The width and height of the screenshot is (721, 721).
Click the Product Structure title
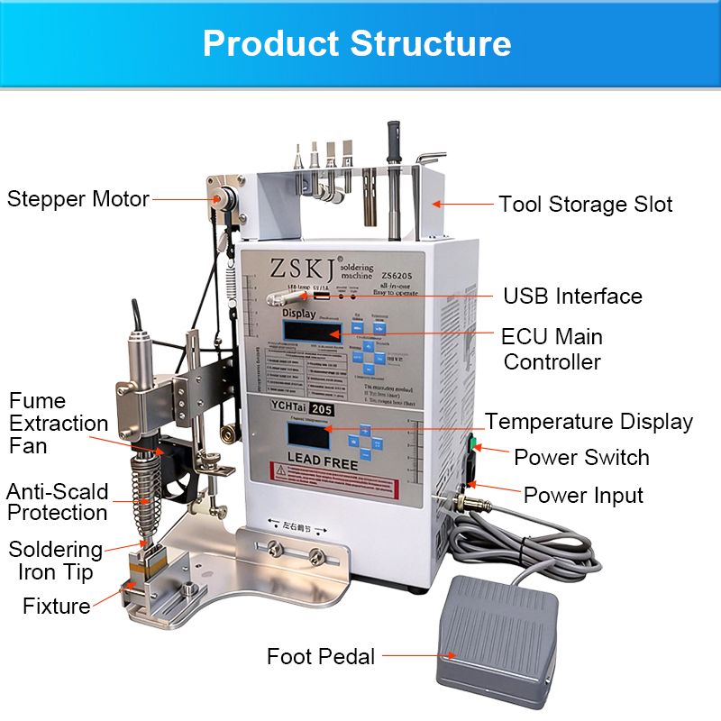357,43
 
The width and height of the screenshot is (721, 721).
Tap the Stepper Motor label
78,198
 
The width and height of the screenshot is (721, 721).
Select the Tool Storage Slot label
586,205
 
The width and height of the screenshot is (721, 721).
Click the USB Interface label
572,296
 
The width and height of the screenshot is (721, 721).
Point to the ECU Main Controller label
552,349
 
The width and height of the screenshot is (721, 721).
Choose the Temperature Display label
589,421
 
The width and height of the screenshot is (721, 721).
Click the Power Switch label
581,457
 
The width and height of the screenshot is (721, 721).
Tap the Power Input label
583,495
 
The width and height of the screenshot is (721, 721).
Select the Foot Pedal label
321,656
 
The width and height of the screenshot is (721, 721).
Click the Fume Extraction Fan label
59,423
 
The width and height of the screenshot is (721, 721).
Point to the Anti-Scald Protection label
58,502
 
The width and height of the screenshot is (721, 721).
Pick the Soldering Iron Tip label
56,560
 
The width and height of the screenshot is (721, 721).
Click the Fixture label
57,605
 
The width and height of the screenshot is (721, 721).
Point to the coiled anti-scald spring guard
144,495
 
